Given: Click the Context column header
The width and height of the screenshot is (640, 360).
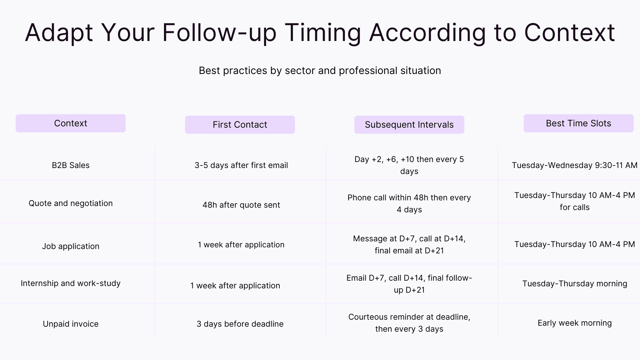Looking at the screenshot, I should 71,123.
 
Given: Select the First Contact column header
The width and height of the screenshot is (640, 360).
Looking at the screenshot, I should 240,125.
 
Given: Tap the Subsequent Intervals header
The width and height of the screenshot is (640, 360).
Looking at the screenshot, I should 409,125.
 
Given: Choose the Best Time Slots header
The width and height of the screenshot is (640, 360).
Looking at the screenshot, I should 578,123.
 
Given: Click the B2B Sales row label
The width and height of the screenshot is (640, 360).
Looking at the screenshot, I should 71,165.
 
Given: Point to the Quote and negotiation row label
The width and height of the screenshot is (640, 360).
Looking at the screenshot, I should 71,203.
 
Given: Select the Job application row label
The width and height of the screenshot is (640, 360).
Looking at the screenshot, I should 71,246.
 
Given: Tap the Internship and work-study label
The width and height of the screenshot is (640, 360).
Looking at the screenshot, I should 71,283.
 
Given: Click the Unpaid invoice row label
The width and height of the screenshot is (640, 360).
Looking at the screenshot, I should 71,324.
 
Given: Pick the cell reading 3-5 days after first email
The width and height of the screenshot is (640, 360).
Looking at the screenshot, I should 241,165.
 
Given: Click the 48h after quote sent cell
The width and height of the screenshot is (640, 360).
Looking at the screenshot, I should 241,205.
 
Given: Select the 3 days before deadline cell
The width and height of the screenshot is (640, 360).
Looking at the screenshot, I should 240,324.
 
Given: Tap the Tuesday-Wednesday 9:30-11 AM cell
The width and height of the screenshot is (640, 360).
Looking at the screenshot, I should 574,165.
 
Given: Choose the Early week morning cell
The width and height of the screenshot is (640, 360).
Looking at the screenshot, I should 574,323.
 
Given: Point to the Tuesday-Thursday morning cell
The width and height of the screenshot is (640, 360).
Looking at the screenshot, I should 574,284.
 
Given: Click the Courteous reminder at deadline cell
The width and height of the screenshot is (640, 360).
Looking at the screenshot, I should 409,323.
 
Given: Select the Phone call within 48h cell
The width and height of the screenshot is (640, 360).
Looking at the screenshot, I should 409,203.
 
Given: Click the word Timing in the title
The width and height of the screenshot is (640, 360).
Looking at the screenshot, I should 323,33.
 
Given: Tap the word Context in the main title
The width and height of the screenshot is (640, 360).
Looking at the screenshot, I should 569,33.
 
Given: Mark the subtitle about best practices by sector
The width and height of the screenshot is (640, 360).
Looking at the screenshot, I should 320,71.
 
